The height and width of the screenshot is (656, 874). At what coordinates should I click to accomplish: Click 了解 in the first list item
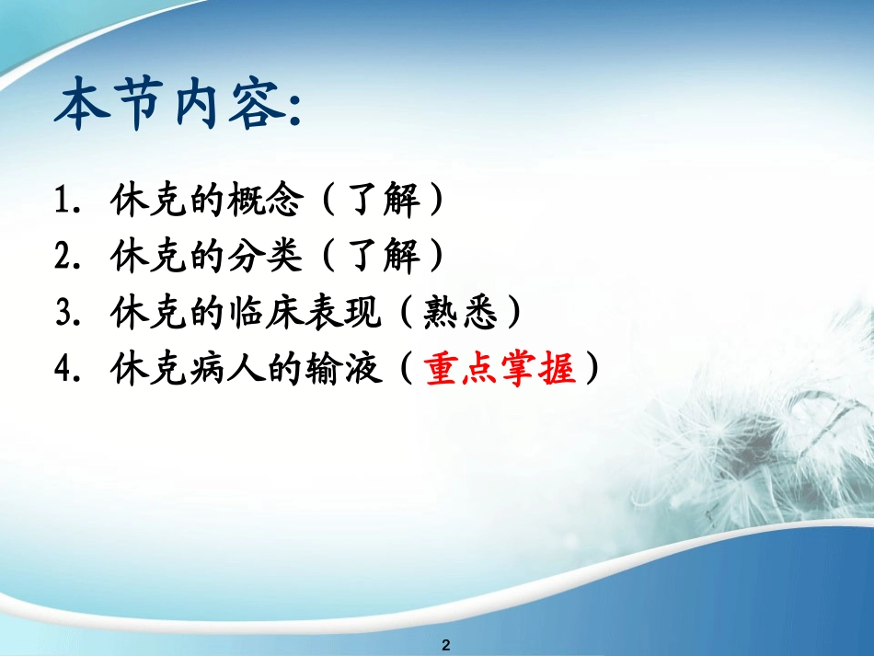click(x=384, y=201)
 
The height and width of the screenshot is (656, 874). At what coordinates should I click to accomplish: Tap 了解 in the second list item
click(x=384, y=258)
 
